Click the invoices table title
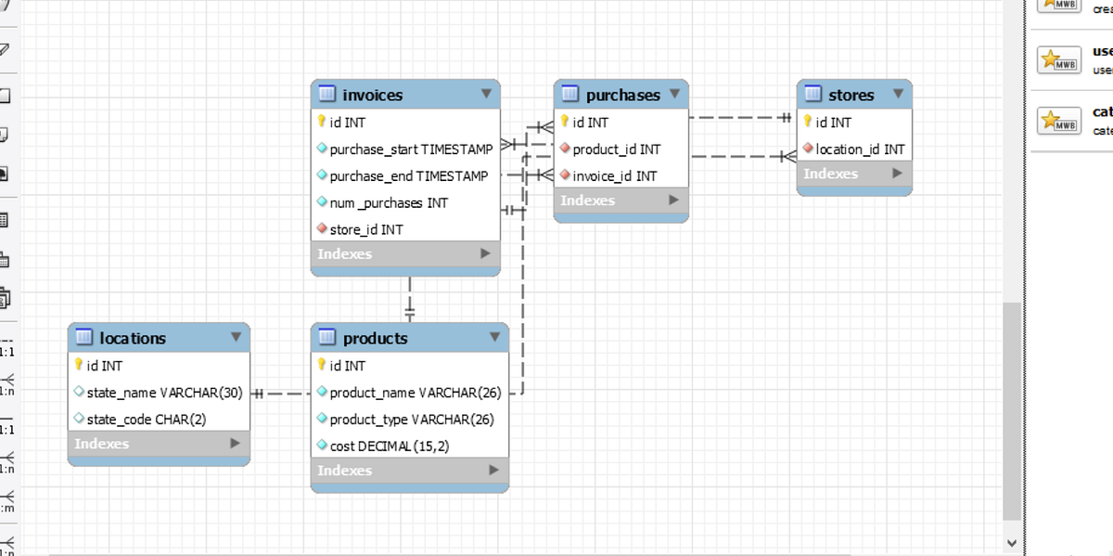pyautogui.click(x=372, y=95)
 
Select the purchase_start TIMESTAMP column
pyautogui.click(x=411, y=149)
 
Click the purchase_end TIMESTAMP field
pyautogui.click(x=408, y=175)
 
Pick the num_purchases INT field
pyautogui.click(x=389, y=202)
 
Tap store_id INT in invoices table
pyautogui.click(x=366, y=229)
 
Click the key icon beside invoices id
pyautogui.click(x=322, y=122)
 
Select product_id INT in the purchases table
pyautogui.click(x=616, y=149)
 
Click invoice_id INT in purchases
pyautogui.click(x=614, y=175)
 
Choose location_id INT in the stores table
pyautogui.click(x=860, y=149)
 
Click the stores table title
pyautogui.click(x=851, y=95)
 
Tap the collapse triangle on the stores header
pyautogui.click(x=898, y=94)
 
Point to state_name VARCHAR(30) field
pyautogui.click(x=164, y=393)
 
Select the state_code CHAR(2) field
pyautogui.click(x=146, y=420)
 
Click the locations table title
pyautogui.click(x=133, y=338)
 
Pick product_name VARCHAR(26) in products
pyautogui.click(x=415, y=393)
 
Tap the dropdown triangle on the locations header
pyautogui.click(x=236, y=337)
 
